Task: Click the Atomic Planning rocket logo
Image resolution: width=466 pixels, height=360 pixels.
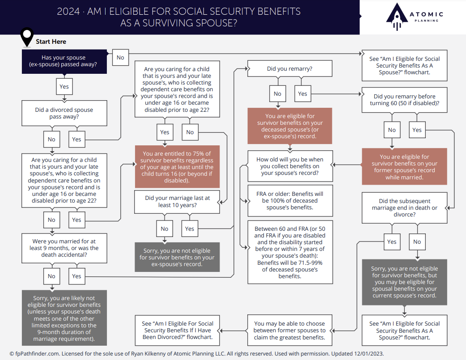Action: coord(396,17)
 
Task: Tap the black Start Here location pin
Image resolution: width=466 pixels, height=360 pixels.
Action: coord(28,37)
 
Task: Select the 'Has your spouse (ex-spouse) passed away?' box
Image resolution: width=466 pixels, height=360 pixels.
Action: coord(64,61)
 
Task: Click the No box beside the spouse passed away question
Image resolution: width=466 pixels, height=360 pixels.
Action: coord(120,57)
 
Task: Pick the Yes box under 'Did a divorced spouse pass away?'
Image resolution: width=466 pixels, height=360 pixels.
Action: coord(77,139)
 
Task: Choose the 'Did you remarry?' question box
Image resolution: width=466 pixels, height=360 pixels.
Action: coord(290,69)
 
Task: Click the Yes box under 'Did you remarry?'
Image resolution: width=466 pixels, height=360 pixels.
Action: coord(302,93)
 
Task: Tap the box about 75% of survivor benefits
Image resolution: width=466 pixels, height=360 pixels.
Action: coord(177,167)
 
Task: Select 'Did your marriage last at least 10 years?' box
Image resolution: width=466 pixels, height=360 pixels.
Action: coord(177,201)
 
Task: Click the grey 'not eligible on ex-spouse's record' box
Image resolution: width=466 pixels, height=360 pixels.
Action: coord(177,257)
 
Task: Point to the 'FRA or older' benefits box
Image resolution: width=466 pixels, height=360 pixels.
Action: coord(290,201)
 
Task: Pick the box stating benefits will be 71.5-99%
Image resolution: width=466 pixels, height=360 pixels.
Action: coord(290,251)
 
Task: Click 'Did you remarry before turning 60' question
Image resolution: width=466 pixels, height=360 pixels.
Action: coord(404,100)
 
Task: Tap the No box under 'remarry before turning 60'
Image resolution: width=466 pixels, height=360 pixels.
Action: coord(392,130)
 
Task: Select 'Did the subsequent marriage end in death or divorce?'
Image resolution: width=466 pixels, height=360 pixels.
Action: coord(404,208)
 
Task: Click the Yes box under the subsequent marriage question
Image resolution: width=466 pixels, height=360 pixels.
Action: coord(392,242)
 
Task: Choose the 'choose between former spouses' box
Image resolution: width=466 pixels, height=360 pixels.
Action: coord(290,330)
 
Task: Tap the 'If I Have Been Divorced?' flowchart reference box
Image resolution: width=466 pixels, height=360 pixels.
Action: coord(177,330)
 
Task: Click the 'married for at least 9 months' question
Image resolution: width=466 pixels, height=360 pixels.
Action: coord(64,248)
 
